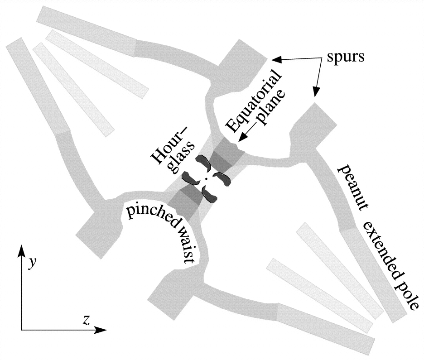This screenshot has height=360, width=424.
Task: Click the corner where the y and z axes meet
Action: pyautogui.click(x=21, y=330)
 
